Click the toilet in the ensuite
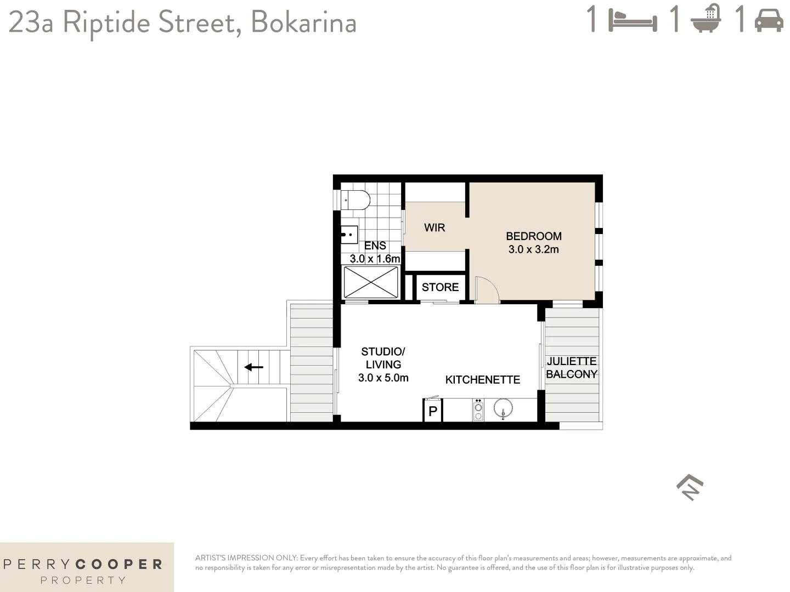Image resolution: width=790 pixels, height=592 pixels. [x=355, y=200]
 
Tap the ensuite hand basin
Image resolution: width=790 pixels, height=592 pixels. [x=349, y=235]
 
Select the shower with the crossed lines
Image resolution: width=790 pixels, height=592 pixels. [x=371, y=282]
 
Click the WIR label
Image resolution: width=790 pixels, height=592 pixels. [x=435, y=227]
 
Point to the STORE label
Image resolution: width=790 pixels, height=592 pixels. [x=440, y=287]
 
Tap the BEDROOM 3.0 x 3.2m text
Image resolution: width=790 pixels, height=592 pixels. [x=533, y=242]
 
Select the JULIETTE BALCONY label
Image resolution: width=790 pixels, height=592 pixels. [x=571, y=367]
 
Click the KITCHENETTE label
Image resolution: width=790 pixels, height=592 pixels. [x=482, y=379]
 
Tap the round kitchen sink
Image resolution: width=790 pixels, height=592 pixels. [x=503, y=409]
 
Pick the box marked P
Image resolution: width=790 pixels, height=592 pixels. [x=432, y=411]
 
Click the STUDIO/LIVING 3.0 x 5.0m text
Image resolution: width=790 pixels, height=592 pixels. [x=383, y=365]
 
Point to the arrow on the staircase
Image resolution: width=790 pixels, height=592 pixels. [x=254, y=367]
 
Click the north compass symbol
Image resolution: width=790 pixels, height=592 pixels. [x=690, y=487]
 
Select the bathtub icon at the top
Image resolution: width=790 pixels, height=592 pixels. [x=706, y=20]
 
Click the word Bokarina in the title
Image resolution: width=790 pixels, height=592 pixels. [x=303, y=23]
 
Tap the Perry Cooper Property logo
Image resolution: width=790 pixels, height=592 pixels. [x=83, y=570]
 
